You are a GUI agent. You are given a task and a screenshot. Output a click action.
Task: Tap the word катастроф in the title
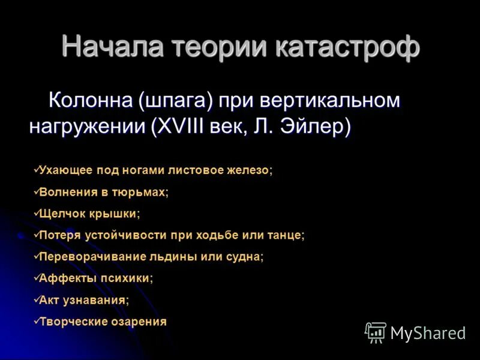click(348, 46)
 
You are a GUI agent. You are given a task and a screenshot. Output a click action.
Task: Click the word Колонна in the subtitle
click(91, 101)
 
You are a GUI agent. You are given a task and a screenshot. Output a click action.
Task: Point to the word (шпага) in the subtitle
click(176, 101)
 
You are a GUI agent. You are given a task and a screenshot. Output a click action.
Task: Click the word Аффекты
click(62, 278)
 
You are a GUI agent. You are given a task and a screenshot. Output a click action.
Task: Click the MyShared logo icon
click(376, 332)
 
